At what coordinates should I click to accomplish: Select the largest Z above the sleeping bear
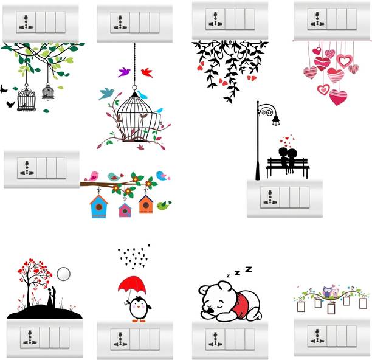tap(249, 269)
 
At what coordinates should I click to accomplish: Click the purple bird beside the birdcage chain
tap(124, 72)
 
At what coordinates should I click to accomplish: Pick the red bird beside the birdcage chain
tap(147, 72)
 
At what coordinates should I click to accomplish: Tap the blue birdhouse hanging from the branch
tap(98, 206)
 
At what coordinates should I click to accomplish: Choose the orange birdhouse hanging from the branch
tap(146, 204)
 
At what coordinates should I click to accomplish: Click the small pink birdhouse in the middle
tap(125, 210)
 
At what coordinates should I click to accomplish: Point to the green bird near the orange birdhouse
tap(164, 205)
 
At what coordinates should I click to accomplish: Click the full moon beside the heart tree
tap(64, 274)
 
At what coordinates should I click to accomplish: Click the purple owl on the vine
tap(327, 292)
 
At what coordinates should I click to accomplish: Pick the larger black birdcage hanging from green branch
tap(26, 99)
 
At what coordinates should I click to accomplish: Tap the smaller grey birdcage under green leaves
tap(48, 92)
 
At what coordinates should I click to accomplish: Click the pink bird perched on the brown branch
tap(92, 176)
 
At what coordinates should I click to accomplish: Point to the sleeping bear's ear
tap(225, 286)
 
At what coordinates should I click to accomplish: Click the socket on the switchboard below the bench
tap(270, 198)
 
